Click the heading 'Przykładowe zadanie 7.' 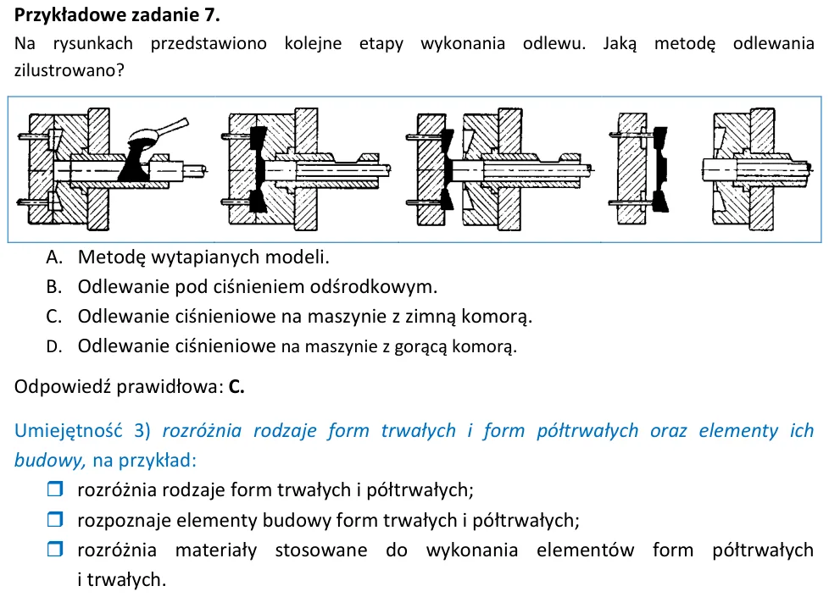tap(117, 14)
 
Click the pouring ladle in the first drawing tap(159, 132)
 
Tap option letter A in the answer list tap(54, 257)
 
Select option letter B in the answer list tap(54, 287)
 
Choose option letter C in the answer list tap(54, 317)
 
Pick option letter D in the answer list tap(54, 346)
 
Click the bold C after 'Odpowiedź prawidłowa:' tap(236, 387)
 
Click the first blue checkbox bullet tap(55, 489)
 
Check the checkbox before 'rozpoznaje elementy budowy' tap(55, 519)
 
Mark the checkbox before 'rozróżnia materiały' tap(55, 549)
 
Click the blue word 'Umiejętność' tap(68, 430)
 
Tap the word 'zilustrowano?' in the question tap(70, 70)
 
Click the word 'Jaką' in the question tap(620, 43)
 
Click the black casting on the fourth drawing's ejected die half tap(659, 169)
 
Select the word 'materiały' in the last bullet tap(215, 550)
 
